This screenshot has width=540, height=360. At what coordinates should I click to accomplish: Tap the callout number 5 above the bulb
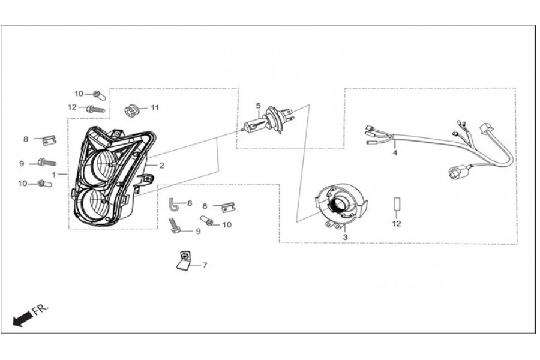pyautogui.click(x=258, y=106)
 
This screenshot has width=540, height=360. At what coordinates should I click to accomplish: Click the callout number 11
pyautogui.click(x=155, y=108)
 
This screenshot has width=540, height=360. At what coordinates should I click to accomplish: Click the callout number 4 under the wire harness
pyautogui.click(x=395, y=152)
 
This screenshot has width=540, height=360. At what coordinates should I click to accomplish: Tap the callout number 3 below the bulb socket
pyautogui.click(x=345, y=238)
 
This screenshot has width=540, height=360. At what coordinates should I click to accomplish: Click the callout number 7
pyautogui.click(x=205, y=265)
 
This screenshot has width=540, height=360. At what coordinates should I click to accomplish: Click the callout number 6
pyautogui.click(x=190, y=203)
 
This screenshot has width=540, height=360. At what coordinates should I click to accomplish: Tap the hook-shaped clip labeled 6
pyautogui.click(x=173, y=204)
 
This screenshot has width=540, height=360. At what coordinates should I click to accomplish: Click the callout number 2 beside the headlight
pyautogui.click(x=161, y=166)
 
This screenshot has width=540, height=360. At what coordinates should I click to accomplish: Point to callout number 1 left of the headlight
pyautogui.click(x=54, y=175)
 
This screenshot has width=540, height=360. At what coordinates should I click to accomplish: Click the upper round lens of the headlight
pyautogui.click(x=103, y=164)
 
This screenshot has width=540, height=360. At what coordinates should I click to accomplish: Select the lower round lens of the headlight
pyautogui.click(x=92, y=203)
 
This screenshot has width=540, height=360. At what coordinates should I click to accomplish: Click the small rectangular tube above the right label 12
pyautogui.click(x=397, y=203)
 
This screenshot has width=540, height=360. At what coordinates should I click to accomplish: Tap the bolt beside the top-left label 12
pyautogui.click(x=95, y=110)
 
